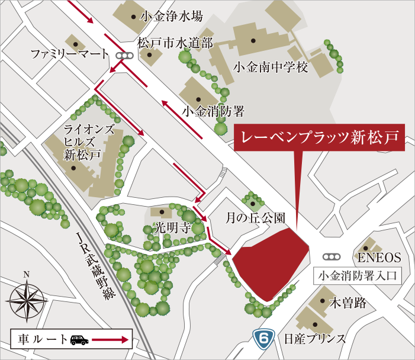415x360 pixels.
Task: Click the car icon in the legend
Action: pos(79,340)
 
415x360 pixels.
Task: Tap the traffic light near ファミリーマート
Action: pos(124,56)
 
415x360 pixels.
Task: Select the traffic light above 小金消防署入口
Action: pos(332,258)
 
